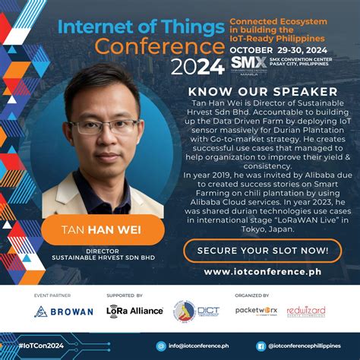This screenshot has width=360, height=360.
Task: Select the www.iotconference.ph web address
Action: tap(268, 272)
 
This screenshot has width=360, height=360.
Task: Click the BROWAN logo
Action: tap(64, 311)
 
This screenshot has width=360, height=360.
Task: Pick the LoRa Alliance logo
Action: tap(135, 311)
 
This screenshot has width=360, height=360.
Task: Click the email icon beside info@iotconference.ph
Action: tap(161, 346)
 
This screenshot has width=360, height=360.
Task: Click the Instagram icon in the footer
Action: tap(261, 346)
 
